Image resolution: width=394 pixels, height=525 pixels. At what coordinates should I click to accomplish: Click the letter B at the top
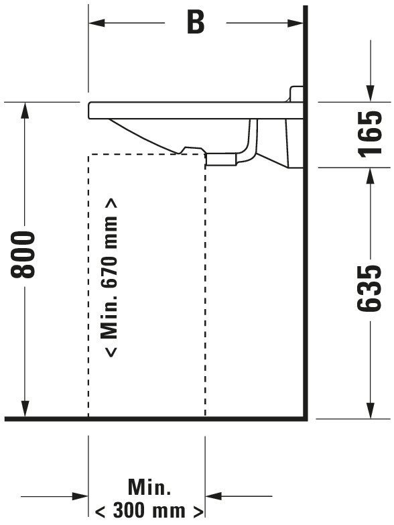[196, 23]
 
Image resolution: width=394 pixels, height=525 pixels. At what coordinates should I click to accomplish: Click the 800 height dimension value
[23, 255]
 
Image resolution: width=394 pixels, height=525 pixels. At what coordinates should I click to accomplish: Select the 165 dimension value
[369, 134]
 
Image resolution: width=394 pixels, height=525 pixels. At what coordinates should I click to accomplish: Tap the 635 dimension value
[369, 288]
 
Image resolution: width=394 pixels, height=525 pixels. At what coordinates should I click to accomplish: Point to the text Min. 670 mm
[109, 278]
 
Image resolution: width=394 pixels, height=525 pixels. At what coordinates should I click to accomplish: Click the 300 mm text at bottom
[149, 512]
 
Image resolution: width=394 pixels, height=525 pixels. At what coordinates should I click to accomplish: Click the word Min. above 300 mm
[149, 487]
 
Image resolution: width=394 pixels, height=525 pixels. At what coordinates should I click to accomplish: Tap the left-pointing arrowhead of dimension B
[96, 23]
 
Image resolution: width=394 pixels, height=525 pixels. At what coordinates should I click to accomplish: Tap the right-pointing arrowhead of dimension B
[295, 23]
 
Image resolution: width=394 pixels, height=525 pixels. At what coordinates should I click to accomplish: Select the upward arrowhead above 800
[25, 110]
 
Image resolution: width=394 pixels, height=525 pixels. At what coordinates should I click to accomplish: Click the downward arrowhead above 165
[370, 93]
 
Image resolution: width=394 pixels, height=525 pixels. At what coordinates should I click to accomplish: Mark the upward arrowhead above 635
[370, 176]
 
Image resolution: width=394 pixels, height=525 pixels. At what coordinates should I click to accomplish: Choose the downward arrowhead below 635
[370, 410]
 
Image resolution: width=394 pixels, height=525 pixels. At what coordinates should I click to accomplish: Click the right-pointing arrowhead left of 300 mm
[80, 496]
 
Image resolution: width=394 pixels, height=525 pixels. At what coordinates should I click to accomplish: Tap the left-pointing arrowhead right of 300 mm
[213, 496]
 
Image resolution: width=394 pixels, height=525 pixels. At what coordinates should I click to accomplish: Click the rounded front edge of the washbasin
[90, 110]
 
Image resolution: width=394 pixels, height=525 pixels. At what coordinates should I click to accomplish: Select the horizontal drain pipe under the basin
[221, 159]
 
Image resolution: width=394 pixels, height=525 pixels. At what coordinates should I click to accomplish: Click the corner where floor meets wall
[305, 418]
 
